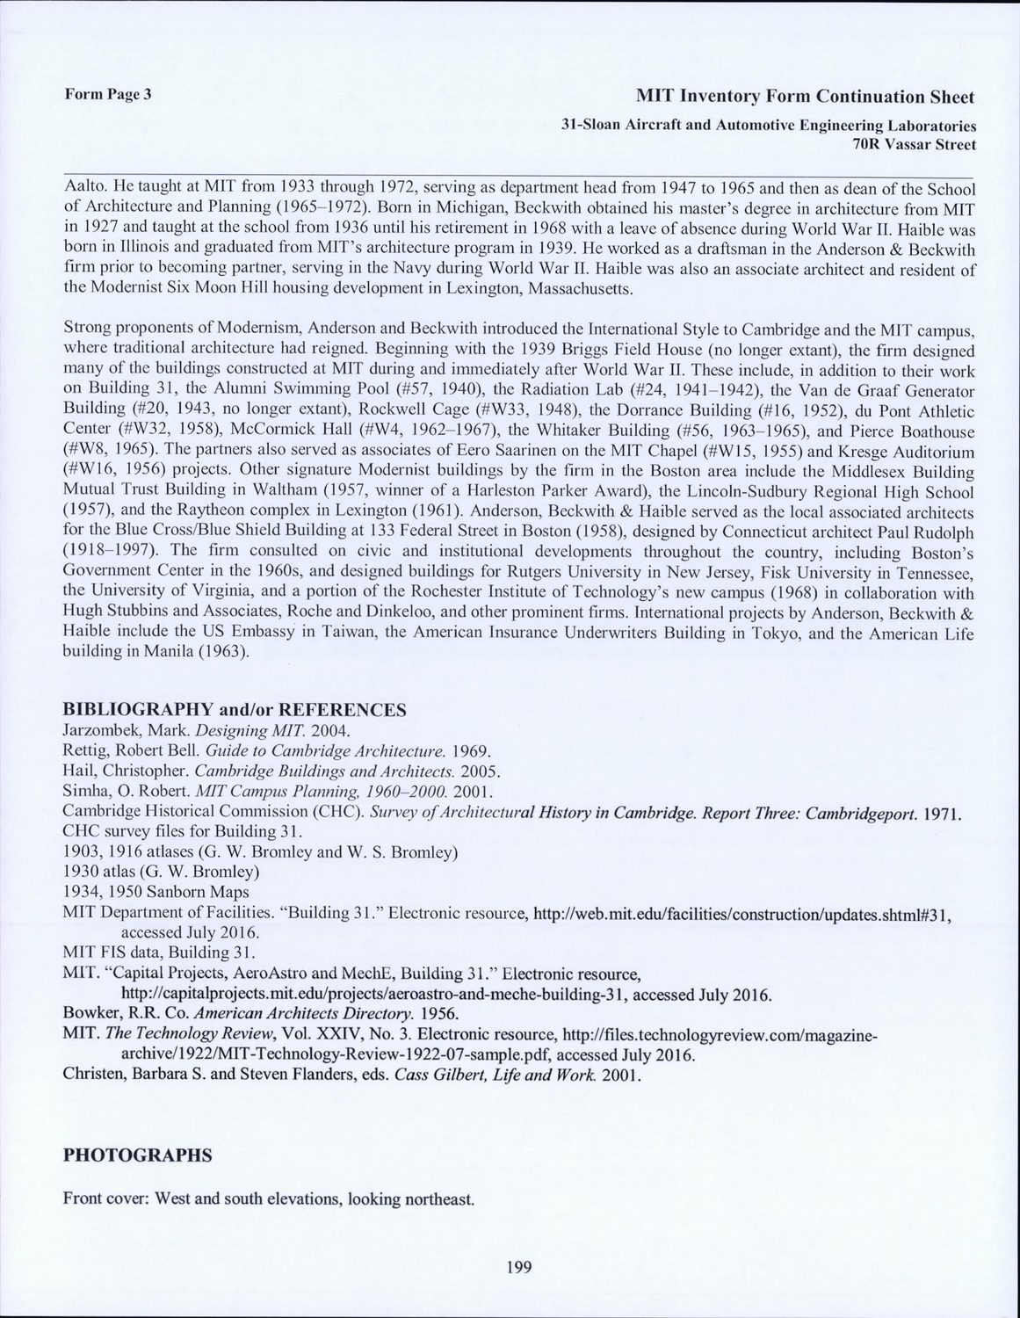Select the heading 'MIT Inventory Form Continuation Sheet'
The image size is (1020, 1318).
pos(806,96)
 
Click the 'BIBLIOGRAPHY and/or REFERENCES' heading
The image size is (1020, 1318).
pos(235,709)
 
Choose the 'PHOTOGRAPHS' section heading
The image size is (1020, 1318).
pos(137,1155)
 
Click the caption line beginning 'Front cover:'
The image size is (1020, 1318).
pos(269,1199)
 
